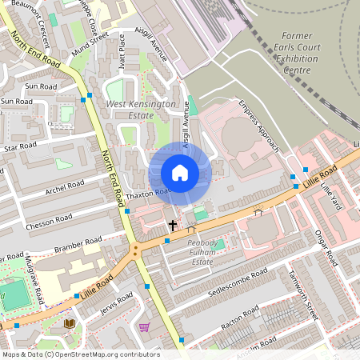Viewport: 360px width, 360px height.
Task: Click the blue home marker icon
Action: pos(180,173)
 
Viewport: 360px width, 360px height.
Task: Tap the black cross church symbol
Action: pos(172,226)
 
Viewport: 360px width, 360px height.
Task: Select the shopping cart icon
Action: pos(144,326)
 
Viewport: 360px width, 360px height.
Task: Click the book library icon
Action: pos(69,323)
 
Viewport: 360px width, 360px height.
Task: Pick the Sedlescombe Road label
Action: pos(238,286)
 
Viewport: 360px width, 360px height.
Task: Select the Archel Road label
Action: pos(65,191)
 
